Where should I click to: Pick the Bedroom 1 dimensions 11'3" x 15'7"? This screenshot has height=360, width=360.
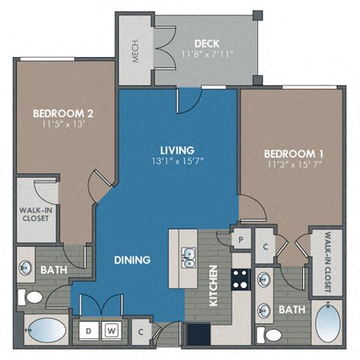292,165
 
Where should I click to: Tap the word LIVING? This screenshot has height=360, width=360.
177,149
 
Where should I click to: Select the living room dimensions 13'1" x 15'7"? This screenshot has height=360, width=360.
177,161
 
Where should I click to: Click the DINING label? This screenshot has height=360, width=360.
132,259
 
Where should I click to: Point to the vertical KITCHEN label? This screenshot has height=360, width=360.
213,287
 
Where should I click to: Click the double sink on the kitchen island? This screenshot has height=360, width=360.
187,258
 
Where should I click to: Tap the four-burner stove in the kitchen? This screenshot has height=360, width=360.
241,280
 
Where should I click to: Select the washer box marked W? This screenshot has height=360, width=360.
111,329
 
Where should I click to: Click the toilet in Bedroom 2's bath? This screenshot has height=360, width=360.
31,298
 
